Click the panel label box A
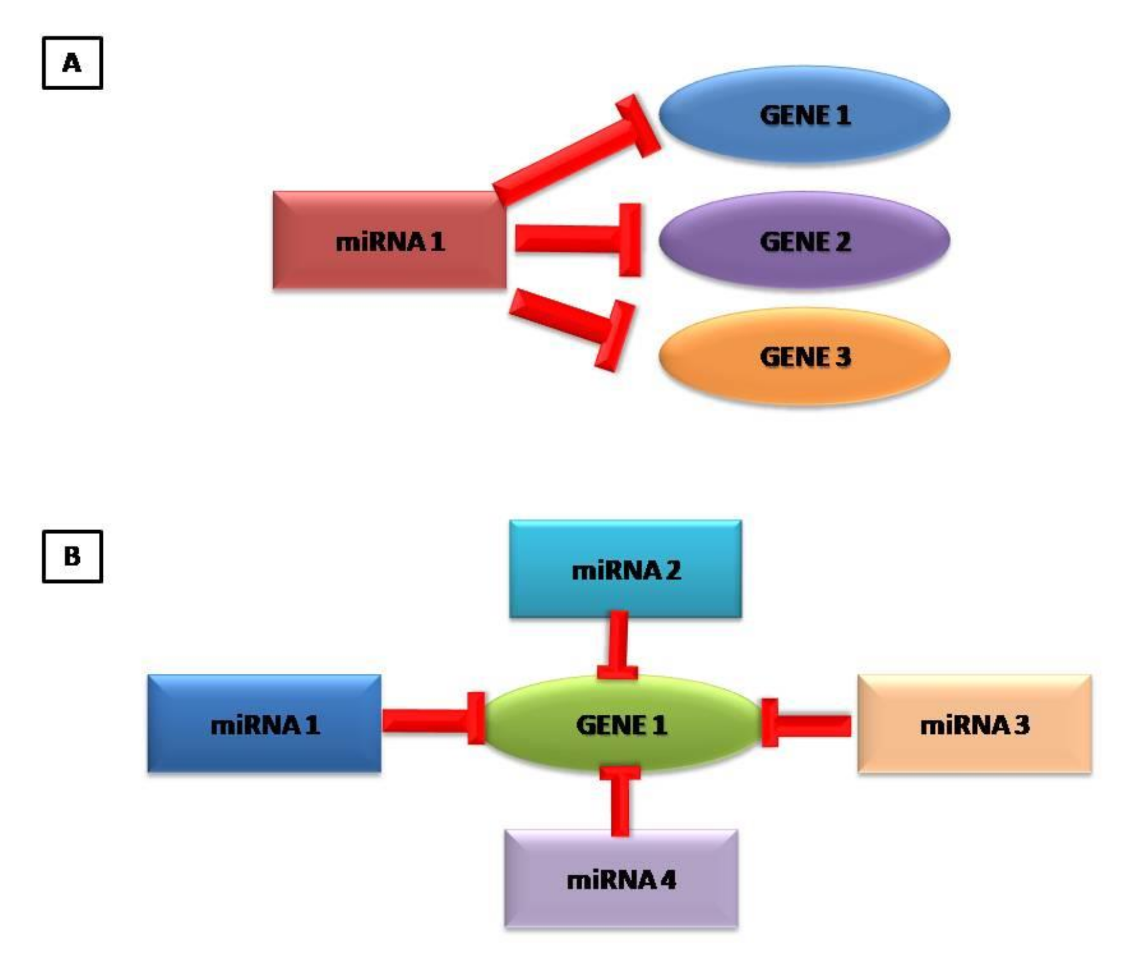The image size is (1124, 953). (72, 63)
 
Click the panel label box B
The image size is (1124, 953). (72, 556)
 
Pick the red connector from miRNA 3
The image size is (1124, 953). (809, 725)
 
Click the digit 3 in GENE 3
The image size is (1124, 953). (842, 357)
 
